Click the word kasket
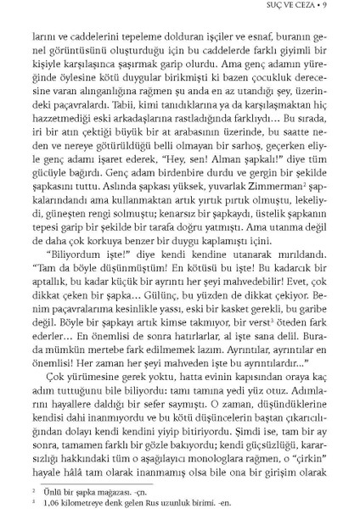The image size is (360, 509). click(x=222, y=313)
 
